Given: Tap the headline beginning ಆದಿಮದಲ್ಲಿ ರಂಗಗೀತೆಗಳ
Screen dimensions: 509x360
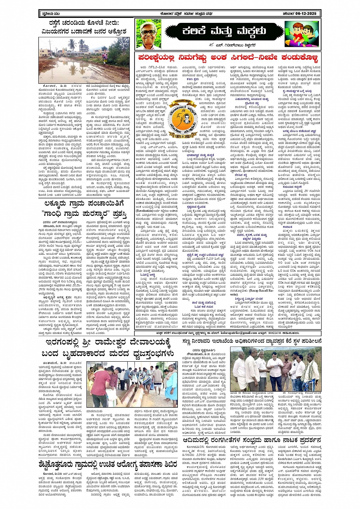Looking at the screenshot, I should [x=252, y=440].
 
